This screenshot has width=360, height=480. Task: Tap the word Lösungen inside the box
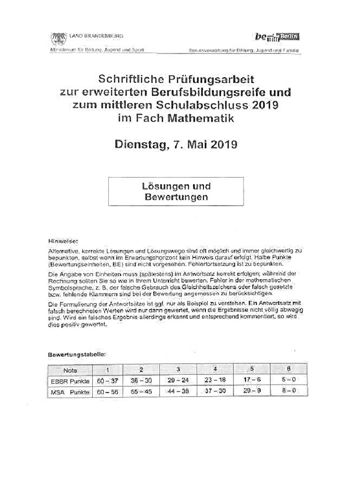163,186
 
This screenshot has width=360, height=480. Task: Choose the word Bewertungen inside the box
176,197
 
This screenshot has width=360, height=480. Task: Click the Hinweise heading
62,242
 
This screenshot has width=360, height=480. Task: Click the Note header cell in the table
70,370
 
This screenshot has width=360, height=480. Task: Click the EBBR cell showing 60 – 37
107,380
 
